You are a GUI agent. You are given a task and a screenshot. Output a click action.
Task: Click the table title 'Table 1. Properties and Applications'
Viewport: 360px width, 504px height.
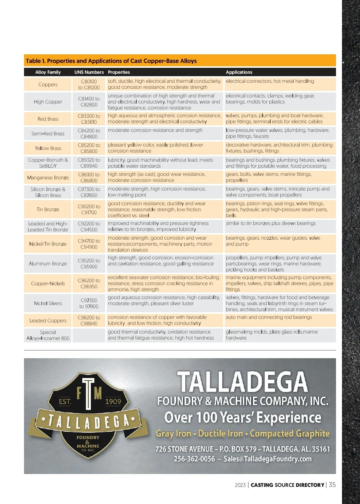tap(111, 61)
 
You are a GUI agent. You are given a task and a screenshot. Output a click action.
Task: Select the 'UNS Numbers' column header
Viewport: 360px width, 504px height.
tap(89, 72)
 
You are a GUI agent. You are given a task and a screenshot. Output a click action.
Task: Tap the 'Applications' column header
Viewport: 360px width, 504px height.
tap(239, 72)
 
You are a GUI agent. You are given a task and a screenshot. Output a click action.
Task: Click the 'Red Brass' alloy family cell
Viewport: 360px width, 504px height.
tap(48, 119)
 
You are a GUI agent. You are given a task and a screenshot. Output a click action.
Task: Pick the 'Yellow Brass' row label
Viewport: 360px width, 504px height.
tap(48, 148)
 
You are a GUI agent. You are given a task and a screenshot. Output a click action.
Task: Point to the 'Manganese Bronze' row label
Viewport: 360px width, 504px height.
tap(48, 178)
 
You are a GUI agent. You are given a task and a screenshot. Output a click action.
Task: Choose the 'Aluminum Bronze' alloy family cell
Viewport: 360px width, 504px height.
tap(48, 264)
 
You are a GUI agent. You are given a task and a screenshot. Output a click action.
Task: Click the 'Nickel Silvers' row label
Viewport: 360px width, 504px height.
tap(48, 303)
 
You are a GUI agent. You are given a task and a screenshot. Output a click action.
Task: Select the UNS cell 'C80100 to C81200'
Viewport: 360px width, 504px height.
tap(89, 84)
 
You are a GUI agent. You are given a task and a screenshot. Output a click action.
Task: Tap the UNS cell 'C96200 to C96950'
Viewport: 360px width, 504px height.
tap(89, 283)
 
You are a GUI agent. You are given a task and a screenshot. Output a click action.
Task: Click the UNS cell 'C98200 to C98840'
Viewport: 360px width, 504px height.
tap(89, 320)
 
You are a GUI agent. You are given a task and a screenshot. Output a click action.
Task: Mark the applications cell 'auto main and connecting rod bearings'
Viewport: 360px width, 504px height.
tap(269, 317)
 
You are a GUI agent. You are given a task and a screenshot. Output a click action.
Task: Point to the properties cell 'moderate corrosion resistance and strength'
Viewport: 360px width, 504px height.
tap(155, 130)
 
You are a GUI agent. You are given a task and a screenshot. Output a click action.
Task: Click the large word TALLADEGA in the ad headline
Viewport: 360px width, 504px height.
tap(242, 382)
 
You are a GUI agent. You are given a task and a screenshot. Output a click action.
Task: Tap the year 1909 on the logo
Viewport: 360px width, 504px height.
tap(113, 401)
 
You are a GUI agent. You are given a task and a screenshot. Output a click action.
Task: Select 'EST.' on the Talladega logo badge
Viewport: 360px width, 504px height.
tap(65, 401)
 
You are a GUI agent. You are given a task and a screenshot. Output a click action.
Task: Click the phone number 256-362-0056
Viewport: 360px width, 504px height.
tap(194, 459)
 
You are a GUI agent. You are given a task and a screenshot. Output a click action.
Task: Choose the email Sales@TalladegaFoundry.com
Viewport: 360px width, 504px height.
tap(268, 459)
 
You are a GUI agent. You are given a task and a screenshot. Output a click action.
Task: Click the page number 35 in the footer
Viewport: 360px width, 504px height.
tap(332, 485)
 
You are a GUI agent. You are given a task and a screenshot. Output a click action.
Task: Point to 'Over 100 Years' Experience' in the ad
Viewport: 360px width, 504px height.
tap(242, 417)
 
